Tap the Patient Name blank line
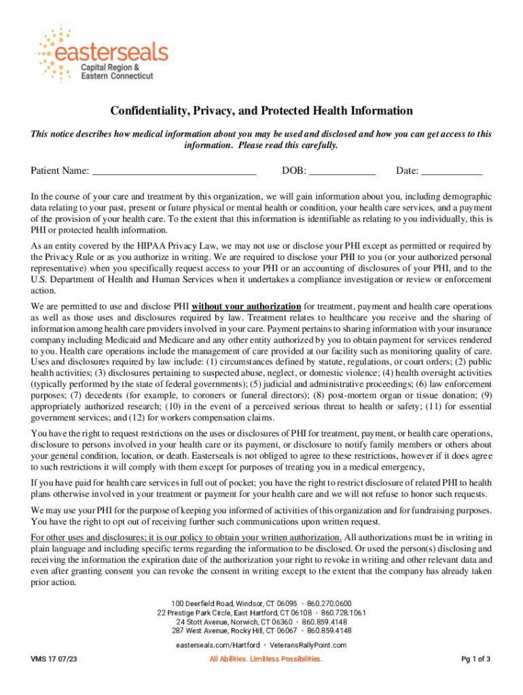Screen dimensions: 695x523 [x=174, y=170]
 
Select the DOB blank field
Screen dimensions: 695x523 [x=342, y=170]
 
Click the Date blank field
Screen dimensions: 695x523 [x=451, y=170]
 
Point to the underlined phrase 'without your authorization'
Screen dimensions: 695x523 [x=247, y=305]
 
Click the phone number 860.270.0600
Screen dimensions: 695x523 [x=329, y=603]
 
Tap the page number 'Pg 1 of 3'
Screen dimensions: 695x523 [x=475, y=659]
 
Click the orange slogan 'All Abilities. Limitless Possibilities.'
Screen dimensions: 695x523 [x=266, y=659]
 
